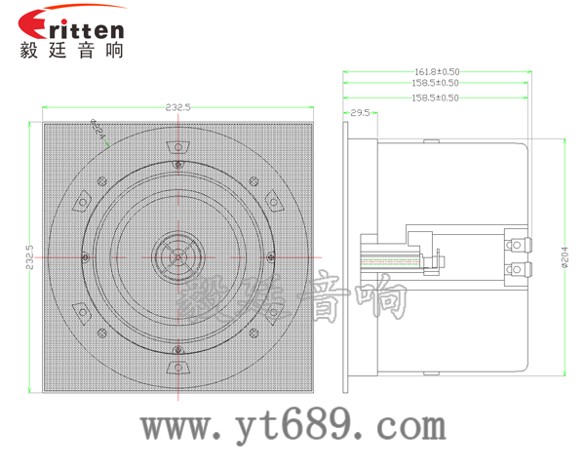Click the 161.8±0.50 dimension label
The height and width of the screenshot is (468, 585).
pyautogui.click(x=437, y=71)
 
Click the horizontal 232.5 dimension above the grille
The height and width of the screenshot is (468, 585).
pyautogui.click(x=178, y=106)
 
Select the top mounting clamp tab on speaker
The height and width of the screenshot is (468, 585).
pyautogui.click(x=177, y=147)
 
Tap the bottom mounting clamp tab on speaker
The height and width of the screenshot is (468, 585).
pyautogui.click(x=177, y=367)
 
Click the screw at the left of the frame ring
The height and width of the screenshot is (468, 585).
pyautogui.click(x=87, y=257)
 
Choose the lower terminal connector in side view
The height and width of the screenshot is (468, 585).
pyautogui.click(x=517, y=268)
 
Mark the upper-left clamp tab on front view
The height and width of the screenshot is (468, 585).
pyautogui.click(x=100, y=181)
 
